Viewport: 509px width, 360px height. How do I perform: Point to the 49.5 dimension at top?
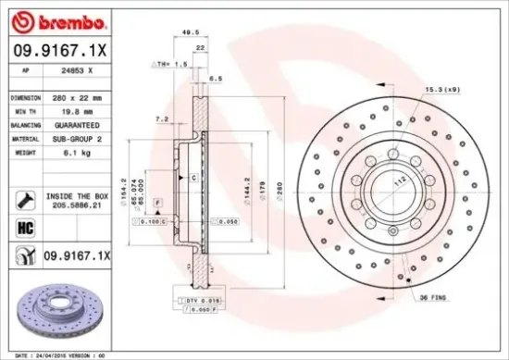click(192, 31)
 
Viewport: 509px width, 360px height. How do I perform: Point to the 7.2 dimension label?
click(162, 118)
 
